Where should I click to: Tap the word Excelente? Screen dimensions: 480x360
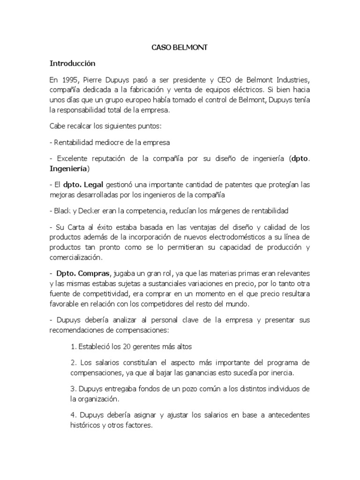pos(71,158)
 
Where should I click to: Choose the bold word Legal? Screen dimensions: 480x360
pos(93,185)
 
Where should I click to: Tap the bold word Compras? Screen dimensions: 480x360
pos(96,273)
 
